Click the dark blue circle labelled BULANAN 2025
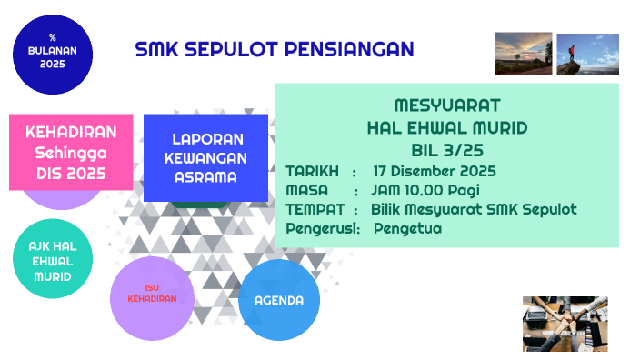[x=52, y=55]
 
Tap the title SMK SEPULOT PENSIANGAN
[x=274, y=50]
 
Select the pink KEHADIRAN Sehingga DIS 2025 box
[x=71, y=151]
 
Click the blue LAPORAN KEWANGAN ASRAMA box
[x=206, y=158]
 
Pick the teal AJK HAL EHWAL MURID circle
[x=52, y=262]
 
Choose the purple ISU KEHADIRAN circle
[x=152, y=298]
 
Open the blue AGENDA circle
[x=279, y=300]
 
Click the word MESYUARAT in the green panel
[x=447, y=105]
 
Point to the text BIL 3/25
[x=447, y=149]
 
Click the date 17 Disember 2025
[x=435, y=171]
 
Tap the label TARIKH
[x=312, y=171]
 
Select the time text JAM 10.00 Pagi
[x=425, y=190]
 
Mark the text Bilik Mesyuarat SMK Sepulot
[x=474, y=210]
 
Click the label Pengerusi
[x=323, y=229]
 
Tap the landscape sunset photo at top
[x=524, y=54]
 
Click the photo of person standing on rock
[x=587, y=54]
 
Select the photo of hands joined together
[x=565, y=323]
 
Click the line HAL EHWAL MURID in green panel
[x=447, y=127]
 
